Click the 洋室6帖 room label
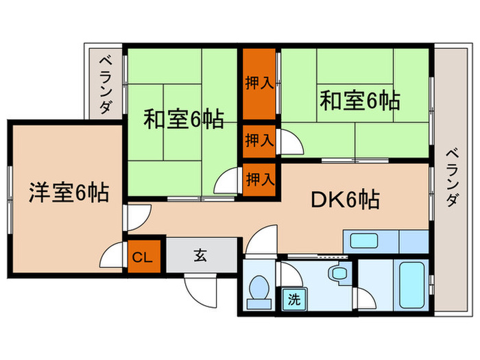(68, 193)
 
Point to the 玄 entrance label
(200, 256)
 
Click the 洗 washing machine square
(293, 300)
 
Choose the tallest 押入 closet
(259, 83)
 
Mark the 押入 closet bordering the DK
(259, 180)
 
